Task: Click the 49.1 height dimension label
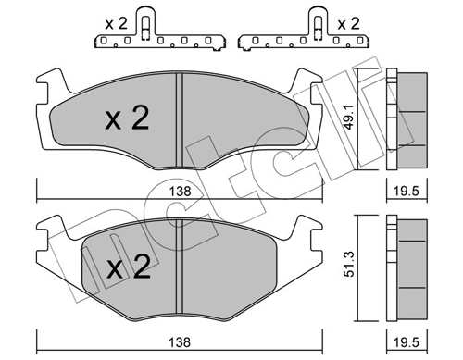click(x=349, y=118)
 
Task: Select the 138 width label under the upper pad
click(x=181, y=192)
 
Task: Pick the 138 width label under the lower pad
click(x=181, y=342)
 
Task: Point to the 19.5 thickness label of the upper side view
click(x=407, y=192)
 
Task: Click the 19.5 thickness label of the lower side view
click(x=407, y=342)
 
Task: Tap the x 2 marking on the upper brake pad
click(x=127, y=118)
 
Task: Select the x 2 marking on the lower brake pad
click(x=129, y=267)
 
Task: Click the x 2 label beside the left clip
click(x=116, y=24)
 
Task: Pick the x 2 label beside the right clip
click(x=348, y=24)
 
